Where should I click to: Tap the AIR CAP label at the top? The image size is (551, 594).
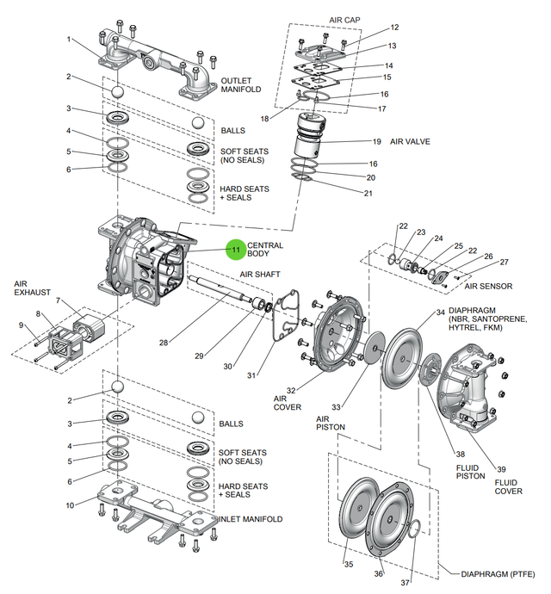click(x=345, y=19)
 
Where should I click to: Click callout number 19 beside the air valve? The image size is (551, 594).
click(x=376, y=141)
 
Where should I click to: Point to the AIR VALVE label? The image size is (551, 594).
click(x=410, y=141)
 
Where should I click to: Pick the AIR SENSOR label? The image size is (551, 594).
click(x=489, y=286)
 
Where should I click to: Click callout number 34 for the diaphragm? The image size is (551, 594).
click(x=440, y=312)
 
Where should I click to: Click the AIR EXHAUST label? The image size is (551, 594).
click(x=32, y=287)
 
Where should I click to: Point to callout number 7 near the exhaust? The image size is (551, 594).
click(x=58, y=300)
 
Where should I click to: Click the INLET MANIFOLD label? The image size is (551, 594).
click(x=250, y=519)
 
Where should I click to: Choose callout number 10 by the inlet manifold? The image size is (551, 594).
click(x=68, y=504)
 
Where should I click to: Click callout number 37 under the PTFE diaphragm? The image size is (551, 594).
click(x=406, y=572)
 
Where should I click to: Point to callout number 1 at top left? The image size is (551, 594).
click(x=68, y=40)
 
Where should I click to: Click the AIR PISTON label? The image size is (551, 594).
click(x=331, y=423)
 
